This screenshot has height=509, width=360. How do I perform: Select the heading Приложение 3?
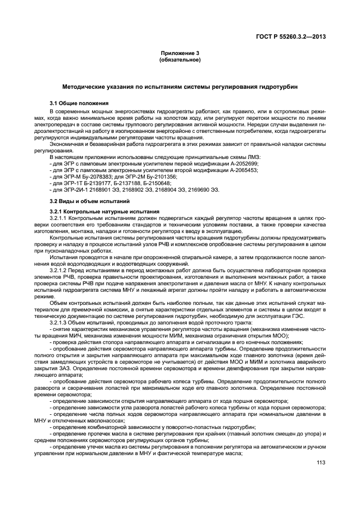coord(180,53)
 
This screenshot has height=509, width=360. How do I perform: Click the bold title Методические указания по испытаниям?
coord(180,87)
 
